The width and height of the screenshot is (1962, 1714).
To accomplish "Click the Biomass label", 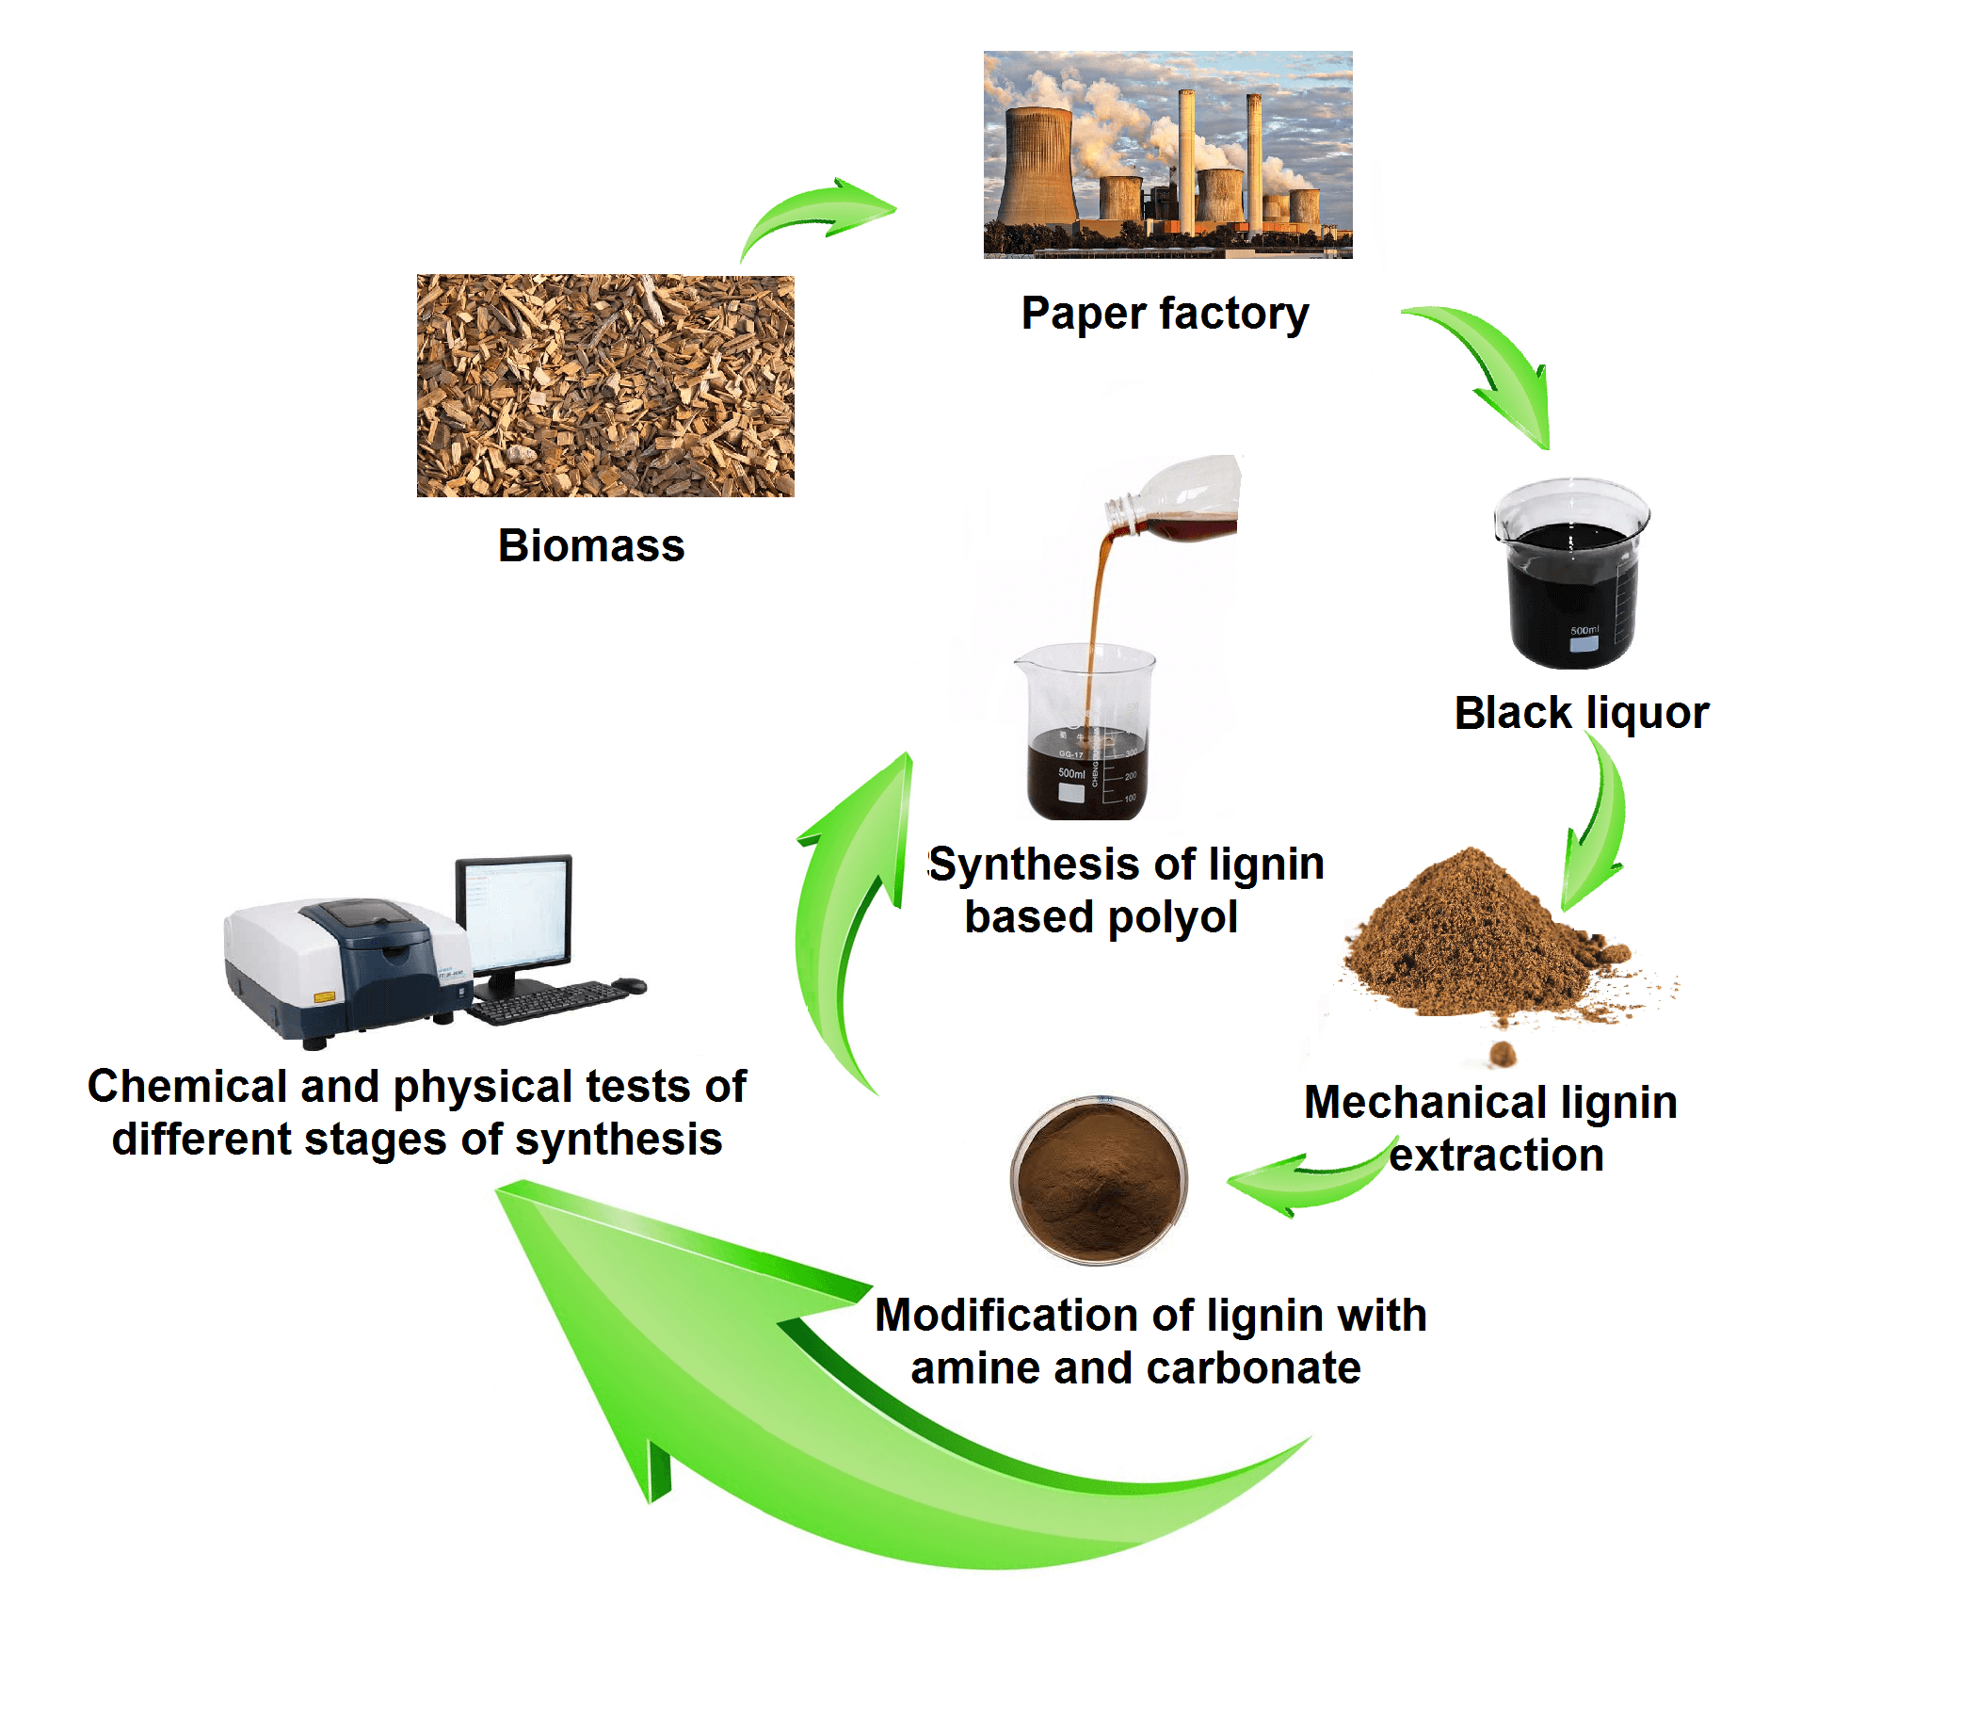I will pyautogui.click(x=591, y=546).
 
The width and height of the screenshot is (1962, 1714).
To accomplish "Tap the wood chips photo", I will pyautogui.click(x=604, y=385).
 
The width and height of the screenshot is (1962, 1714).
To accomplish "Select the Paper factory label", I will pyautogui.click(x=1164, y=314).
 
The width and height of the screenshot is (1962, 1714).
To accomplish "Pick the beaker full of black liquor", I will pyautogui.click(x=1571, y=574).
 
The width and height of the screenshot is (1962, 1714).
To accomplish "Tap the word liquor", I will pyautogui.click(x=1647, y=713).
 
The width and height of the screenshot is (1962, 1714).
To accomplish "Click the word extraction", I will pyautogui.click(x=1495, y=1156).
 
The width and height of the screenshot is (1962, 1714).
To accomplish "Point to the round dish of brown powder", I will pyautogui.click(x=1100, y=1179).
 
